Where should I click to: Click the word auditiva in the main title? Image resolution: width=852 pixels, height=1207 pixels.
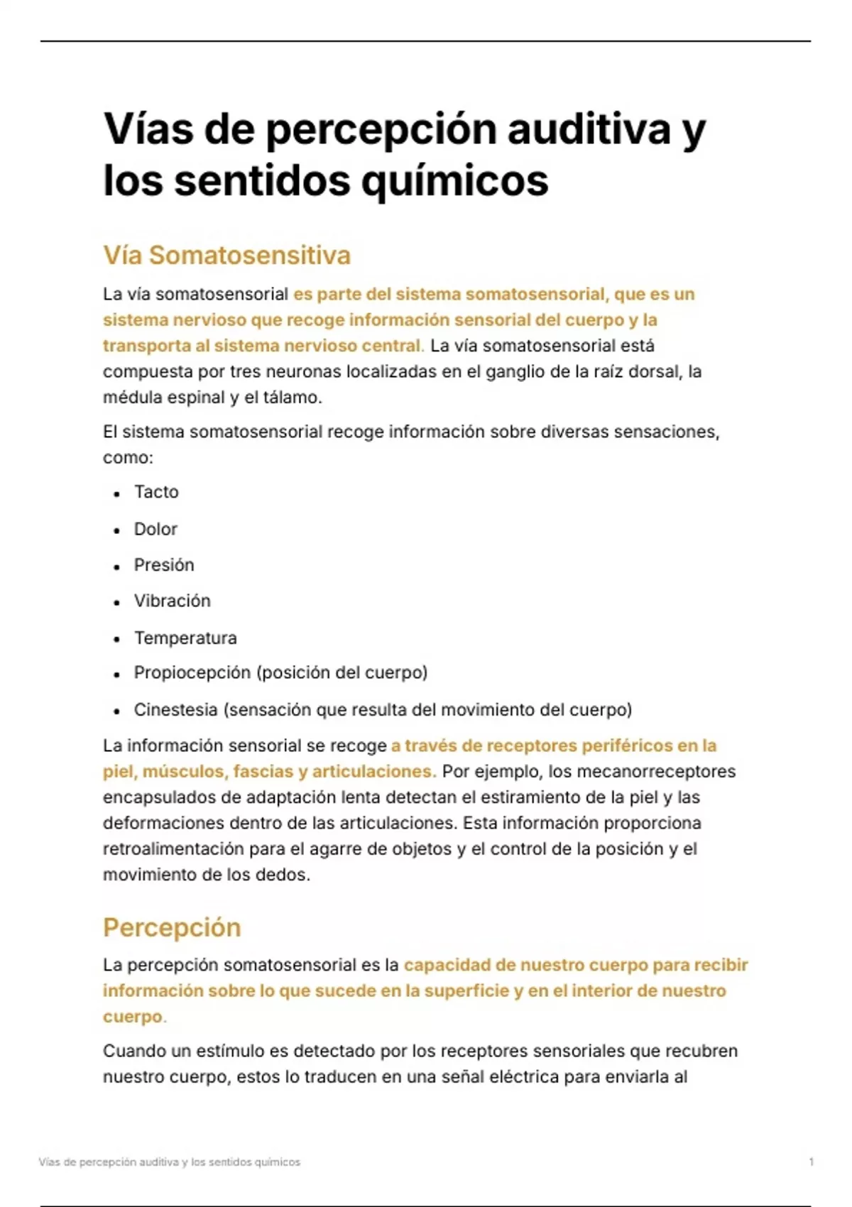click(589, 129)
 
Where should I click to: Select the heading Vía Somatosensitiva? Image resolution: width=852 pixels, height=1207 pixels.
click(226, 256)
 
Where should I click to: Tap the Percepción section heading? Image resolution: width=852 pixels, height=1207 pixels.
click(172, 927)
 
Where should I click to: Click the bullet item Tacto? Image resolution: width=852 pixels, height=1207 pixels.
click(156, 492)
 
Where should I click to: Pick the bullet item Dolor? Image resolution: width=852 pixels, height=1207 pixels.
click(155, 529)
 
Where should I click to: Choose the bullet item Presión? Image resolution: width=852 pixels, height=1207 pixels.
click(164, 565)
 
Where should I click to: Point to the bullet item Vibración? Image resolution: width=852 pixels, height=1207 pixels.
click(173, 601)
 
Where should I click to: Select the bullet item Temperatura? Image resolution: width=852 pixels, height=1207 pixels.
click(185, 638)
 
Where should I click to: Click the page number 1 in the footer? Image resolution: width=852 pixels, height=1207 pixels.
click(811, 1162)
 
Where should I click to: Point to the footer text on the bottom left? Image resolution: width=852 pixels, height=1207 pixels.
click(170, 1162)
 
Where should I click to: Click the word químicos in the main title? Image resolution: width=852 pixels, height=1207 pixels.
click(454, 181)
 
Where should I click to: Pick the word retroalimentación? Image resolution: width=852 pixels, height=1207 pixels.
click(185, 849)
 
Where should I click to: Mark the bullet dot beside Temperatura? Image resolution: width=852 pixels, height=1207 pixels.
click(116, 639)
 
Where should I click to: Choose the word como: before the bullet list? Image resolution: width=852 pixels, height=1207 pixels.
click(128, 458)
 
